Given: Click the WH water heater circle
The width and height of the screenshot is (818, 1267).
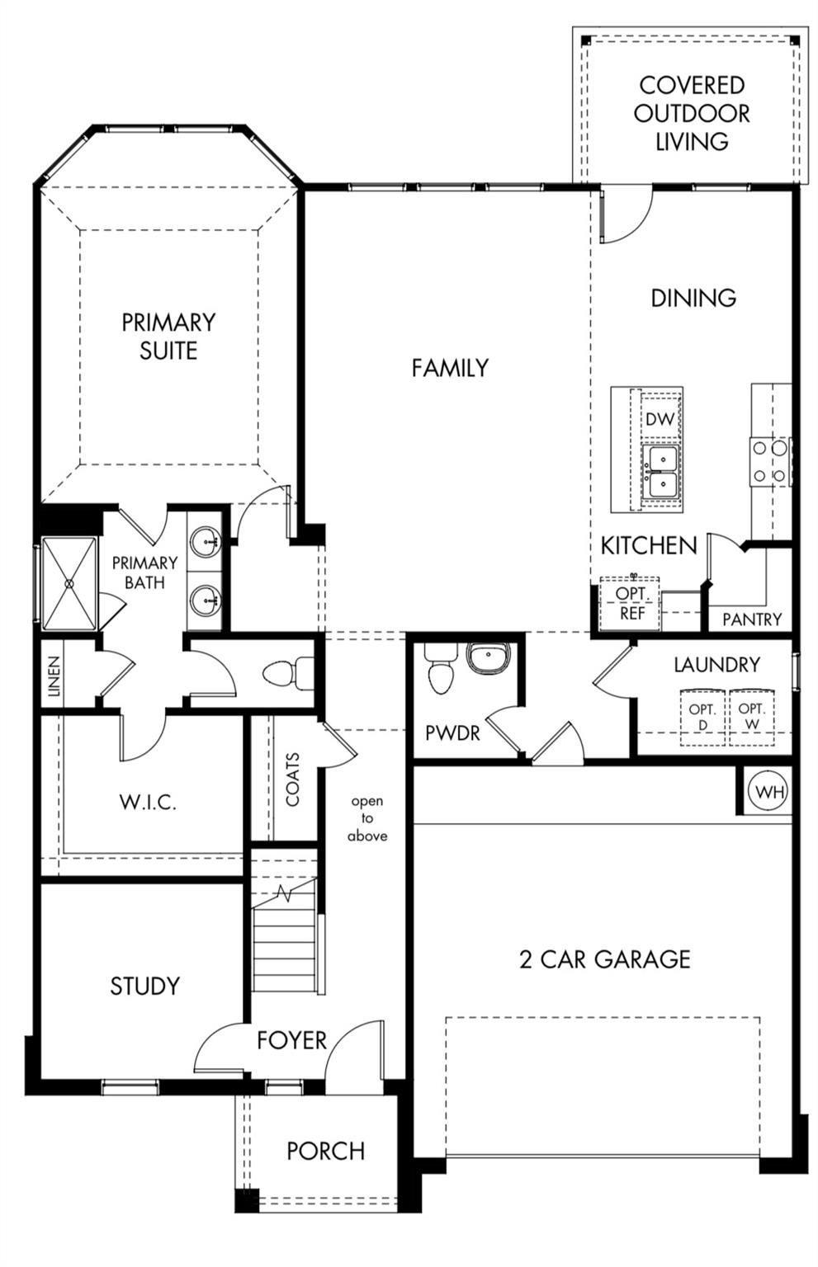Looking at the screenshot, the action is click(770, 791).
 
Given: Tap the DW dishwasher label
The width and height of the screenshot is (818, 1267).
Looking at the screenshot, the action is click(660, 418).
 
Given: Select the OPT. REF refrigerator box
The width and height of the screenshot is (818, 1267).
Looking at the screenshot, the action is click(630, 603).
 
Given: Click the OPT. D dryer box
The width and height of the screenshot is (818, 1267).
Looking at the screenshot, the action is click(702, 717).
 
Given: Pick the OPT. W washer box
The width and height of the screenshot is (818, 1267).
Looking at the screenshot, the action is click(751, 717).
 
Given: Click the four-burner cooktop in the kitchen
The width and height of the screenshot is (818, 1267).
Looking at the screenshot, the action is click(770, 462).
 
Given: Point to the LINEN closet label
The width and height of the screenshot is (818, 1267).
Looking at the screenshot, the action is click(53, 676).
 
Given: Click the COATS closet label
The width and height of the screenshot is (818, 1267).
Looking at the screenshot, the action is click(293, 779).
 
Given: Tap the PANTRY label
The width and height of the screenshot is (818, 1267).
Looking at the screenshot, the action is click(752, 619).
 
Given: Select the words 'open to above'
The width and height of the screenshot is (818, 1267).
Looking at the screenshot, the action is click(367, 818).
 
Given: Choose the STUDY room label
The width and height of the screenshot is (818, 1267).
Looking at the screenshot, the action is click(145, 986).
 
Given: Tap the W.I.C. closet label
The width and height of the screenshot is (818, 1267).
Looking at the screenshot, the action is click(148, 802).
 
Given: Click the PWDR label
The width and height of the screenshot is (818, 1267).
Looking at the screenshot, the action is click(452, 733).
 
